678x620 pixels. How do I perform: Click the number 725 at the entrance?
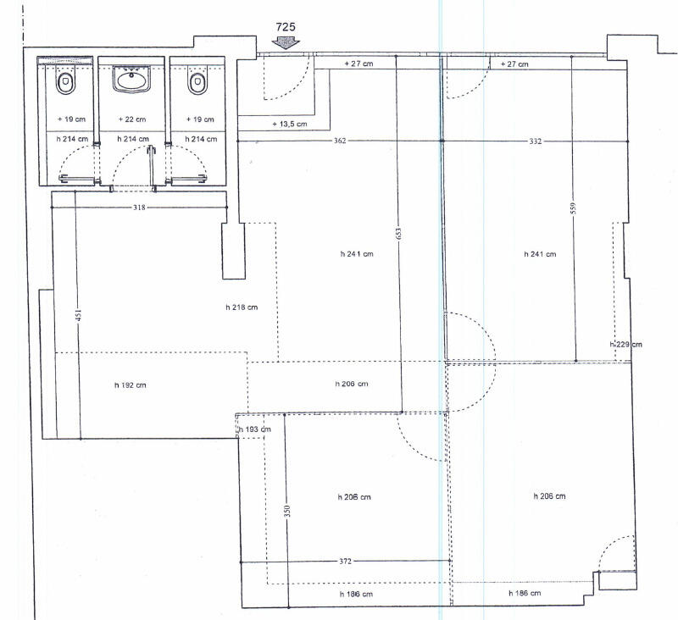286,27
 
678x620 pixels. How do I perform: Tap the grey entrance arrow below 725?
286,42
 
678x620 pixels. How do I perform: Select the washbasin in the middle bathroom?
131,79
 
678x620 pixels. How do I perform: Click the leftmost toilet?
65,83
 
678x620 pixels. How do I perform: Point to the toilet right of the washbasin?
197,83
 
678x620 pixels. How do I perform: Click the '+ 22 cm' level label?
132,119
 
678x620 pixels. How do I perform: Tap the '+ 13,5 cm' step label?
290,124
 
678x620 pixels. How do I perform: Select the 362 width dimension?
340,141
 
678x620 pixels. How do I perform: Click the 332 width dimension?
536,141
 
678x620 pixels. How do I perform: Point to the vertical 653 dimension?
398,234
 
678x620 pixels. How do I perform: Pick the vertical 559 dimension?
574,208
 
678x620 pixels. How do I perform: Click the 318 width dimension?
139,208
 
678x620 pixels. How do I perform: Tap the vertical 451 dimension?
78,315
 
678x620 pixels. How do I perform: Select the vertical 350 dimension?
287,511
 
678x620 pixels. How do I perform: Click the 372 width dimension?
345,562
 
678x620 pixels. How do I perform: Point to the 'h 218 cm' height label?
242,307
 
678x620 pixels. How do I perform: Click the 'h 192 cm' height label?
131,385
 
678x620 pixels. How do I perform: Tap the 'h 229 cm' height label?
625,345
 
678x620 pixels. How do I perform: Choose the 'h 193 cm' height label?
255,429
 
